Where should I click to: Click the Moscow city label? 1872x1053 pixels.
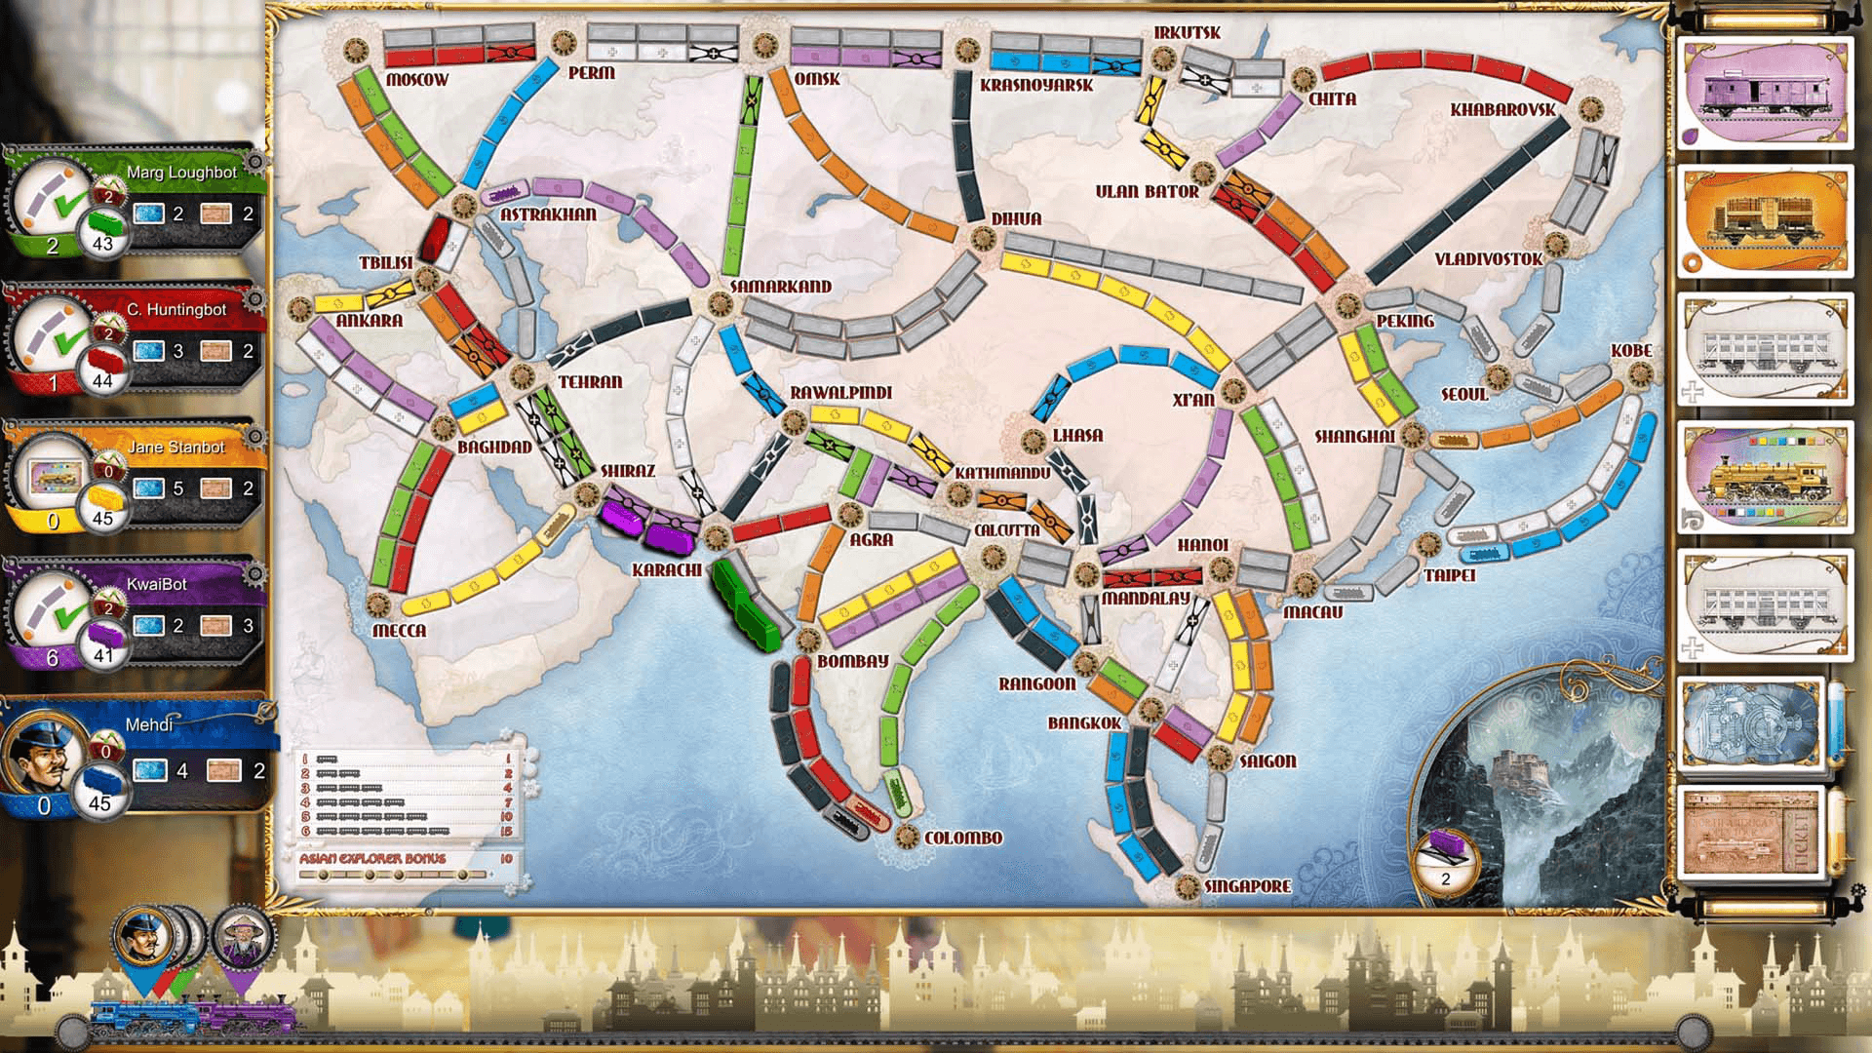(416, 79)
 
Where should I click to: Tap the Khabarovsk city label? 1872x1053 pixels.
(1502, 109)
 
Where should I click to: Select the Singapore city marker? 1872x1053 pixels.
(1186, 886)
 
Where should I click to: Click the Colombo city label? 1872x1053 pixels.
(962, 838)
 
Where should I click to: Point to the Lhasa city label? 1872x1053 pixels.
(1077, 435)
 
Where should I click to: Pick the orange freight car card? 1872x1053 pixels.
(1766, 222)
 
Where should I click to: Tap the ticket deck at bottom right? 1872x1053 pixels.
(1752, 832)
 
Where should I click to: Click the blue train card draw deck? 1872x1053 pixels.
(1752, 723)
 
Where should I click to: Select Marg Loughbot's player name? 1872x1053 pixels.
(181, 173)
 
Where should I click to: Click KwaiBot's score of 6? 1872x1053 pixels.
(53, 658)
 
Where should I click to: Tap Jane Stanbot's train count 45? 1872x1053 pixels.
(101, 518)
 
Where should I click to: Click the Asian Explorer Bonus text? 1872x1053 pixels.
(372, 859)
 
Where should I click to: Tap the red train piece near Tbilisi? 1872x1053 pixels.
(434, 238)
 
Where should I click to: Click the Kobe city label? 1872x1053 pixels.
(1630, 350)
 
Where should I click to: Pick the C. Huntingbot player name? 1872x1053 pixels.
(175, 310)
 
